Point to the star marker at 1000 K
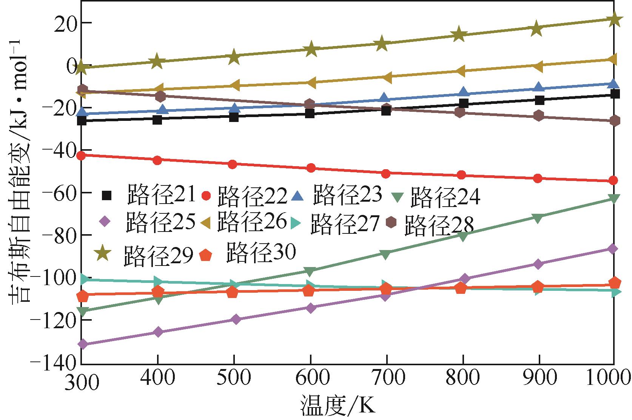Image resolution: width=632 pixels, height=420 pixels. point(614,19)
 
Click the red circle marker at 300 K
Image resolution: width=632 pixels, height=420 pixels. point(82,155)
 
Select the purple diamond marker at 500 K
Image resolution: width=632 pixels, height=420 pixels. point(234,319)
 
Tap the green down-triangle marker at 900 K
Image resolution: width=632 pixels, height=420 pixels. point(538,218)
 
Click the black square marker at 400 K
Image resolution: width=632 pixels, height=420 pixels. point(157,120)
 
